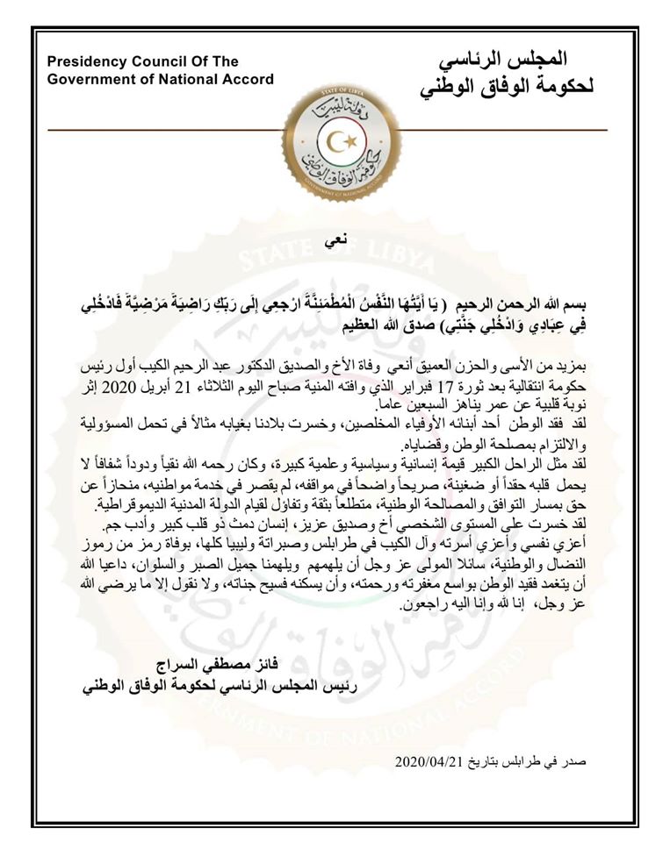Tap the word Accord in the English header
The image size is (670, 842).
click(x=249, y=79)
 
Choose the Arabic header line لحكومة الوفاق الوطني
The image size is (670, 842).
click(x=507, y=88)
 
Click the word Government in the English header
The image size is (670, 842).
click(x=90, y=79)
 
